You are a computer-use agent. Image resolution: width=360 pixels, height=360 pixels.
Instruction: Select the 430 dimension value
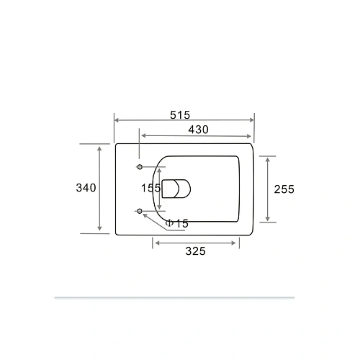click(198, 130)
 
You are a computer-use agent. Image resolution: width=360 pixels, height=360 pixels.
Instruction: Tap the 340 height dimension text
click(86, 188)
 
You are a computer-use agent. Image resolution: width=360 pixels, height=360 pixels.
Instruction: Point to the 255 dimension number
click(284, 189)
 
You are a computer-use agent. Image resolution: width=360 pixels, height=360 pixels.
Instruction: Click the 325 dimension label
click(196, 251)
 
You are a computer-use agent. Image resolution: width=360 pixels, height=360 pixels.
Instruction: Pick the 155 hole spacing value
click(150, 188)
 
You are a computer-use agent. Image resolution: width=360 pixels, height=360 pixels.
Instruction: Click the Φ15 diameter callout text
click(176, 224)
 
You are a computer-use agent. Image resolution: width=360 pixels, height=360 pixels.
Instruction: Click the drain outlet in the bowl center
click(176, 189)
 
